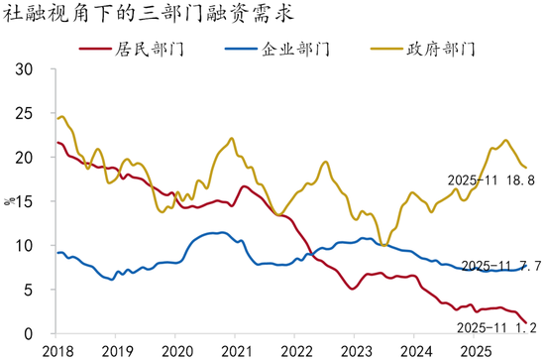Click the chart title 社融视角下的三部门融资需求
tap(148, 14)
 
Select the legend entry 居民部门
tap(132, 49)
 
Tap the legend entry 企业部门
tap(277, 49)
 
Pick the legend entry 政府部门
tap(423, 49)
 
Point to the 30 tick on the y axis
tap(24, 69)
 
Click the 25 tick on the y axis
tap(24, 113)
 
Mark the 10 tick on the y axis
tap(24, 246)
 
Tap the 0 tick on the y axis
tap(28, 333)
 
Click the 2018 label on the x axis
tap(57, 352)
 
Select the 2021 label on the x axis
tap(236, 352)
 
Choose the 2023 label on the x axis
tap(356, 352)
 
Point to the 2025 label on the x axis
tap(475, 352)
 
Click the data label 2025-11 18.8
tap(490, 180)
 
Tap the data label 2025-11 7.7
tap(501, 266)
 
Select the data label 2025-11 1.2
tap(496, 327)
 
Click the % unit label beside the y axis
tap(9, 201)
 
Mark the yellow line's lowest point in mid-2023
tap(383, 245)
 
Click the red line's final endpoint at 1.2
tap(526, 322)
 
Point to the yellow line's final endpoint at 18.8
tap(526, 168)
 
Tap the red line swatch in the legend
tap(95, 49)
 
